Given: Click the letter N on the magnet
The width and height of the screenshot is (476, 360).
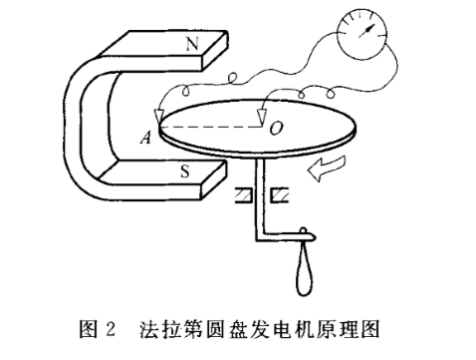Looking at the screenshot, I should pos(191,44).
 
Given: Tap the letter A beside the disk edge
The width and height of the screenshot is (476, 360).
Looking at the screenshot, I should pos(145,140).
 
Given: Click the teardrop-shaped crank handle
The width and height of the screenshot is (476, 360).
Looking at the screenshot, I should pos(306,271).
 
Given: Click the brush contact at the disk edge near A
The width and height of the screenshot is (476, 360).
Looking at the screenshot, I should pos(157,118).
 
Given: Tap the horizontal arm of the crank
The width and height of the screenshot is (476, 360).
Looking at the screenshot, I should pos(284,236).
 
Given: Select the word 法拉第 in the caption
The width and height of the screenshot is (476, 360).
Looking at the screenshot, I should pos(174,327).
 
